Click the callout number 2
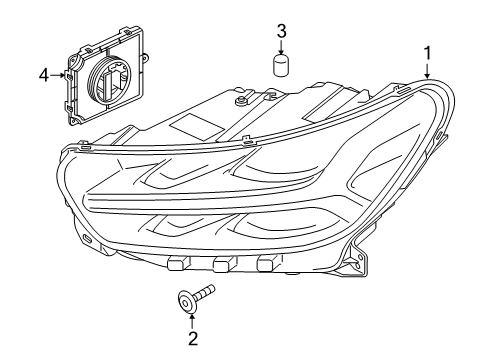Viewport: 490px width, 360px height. click(x=193, y=338)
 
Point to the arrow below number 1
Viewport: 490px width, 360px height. click(x=427, y=70)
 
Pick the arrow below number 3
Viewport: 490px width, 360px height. click(x=282, y=49)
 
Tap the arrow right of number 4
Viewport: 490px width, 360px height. click(x=62, y=74)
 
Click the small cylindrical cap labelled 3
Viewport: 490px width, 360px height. click(x=282, y=67)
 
